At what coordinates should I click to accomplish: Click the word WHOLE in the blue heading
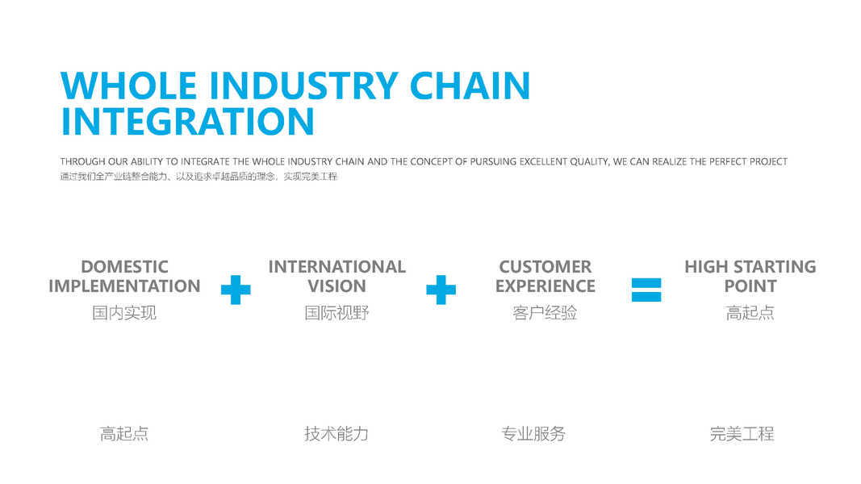[x=129, y=86]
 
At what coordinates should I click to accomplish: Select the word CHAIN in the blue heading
[x=470, y=86]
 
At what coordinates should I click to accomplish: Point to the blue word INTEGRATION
[x=187, y=122]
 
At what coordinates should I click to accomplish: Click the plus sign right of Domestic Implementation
[x=236, y=290]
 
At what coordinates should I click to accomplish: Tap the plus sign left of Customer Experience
[x=441, y=290]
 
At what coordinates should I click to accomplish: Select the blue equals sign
[x=646, y=290]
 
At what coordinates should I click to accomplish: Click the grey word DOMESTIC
[x=124, y=267]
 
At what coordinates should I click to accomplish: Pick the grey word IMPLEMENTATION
[x=124, y=286]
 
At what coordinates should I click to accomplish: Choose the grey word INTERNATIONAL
[x=336, y=267]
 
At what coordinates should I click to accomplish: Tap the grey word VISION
[x=336, y=286]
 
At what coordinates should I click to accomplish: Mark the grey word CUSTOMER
[x=545, y=267]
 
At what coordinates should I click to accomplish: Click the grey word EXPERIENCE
[x=545, y=286]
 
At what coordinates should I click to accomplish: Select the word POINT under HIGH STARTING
[x=750, y=286]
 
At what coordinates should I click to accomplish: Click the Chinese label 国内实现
[x=124, y=313]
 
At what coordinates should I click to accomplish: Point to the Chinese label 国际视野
[x=336, y=313]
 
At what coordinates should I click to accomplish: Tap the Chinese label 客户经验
[x=545, y=313]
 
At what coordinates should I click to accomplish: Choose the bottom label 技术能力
[x=336, y=434]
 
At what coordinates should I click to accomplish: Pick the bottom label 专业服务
[x=533, y=434]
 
